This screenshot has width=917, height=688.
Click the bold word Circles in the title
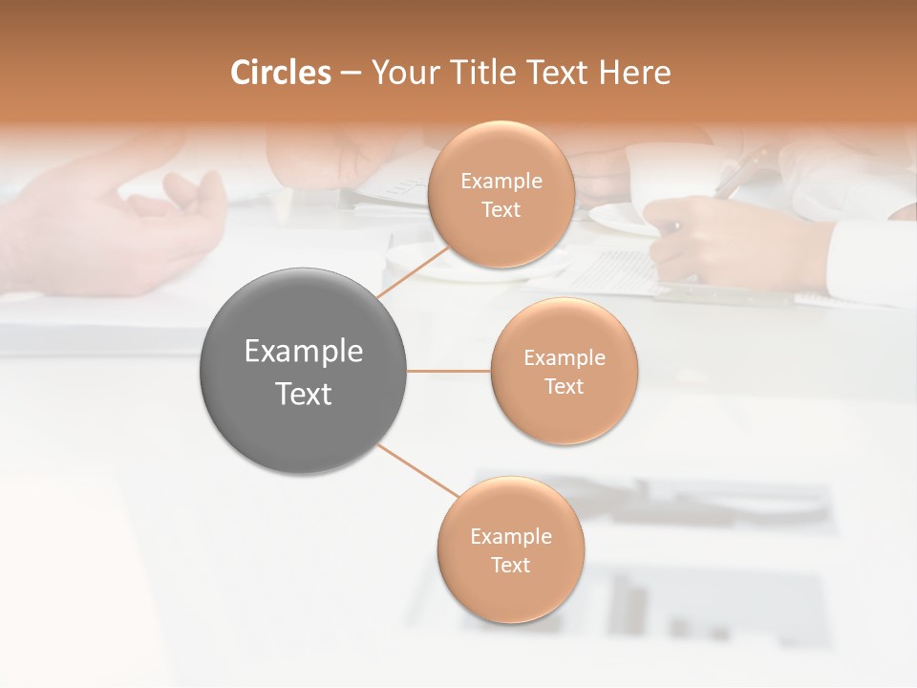click(280, 73)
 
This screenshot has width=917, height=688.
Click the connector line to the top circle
click(413, 272)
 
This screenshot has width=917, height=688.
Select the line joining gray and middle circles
click(449, 371)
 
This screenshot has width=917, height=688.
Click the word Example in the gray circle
click(303, 351)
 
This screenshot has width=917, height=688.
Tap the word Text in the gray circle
click(303, 394)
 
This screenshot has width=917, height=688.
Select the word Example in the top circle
click(501, 181)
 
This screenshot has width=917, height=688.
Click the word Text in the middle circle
click(564, 386)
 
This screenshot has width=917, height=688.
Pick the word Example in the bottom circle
click(510, 536)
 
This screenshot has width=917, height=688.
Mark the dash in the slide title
click(350, 74)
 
